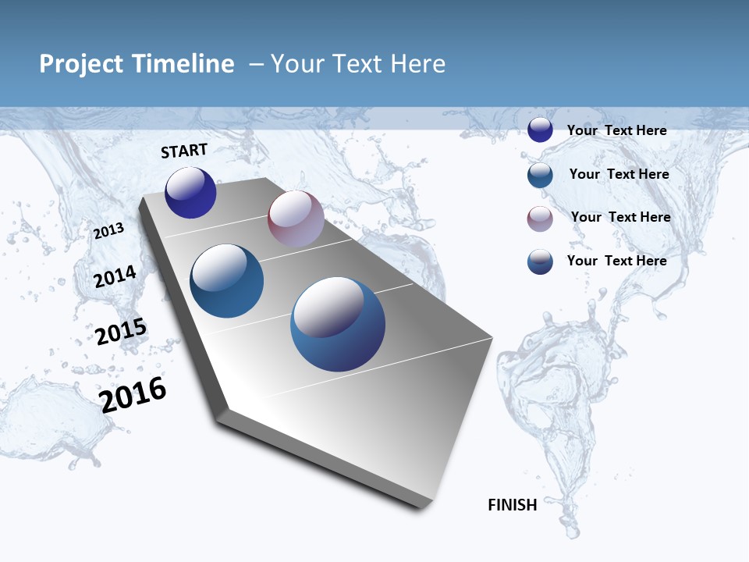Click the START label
[x=184, y=151]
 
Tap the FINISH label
[x=512, y=505]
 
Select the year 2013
[x=109, y=230]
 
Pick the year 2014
[x=115, y=276]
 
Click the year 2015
[x=121, y=331]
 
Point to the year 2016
[x=133, y=394]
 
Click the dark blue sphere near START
[x=190, y=192]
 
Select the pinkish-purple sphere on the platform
[x=296, y=219]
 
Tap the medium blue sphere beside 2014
[x=227, y=281]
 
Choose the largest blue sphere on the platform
[x=338, y=324]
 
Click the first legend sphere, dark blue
[x=540, y=130]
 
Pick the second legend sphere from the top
[x=540, y=175]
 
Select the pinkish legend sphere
[x=540, y=219]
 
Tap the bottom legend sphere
[x=540, y=261]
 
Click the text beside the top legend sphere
[x=616, y=130]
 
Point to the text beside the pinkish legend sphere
[x=620, y=217]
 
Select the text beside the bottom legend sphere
[x=616, y=261]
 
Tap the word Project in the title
[x=80, y=64]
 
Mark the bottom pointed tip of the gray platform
[x=422, y=507]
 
